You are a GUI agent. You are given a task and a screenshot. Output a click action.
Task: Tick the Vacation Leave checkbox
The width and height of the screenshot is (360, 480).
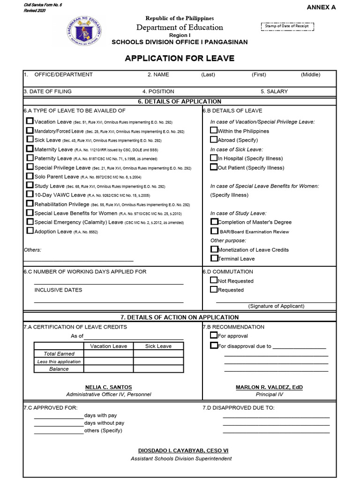pos(30,121)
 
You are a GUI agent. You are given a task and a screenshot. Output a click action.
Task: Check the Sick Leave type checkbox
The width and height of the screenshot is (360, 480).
pos(30,139)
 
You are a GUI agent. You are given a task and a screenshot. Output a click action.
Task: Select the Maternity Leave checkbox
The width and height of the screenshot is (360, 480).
pos(30,149)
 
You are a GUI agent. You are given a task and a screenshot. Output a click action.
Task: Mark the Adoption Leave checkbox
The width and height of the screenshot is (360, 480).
pos(30,231)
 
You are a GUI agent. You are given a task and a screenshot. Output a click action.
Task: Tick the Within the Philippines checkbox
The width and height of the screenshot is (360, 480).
pos(214,130)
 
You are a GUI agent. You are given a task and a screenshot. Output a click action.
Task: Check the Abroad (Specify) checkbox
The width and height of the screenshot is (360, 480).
pos(214,139)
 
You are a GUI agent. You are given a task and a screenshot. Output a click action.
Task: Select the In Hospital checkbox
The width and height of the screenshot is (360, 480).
pos(214,158)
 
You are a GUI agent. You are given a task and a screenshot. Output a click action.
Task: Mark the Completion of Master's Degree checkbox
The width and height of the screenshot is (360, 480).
pos(214,222)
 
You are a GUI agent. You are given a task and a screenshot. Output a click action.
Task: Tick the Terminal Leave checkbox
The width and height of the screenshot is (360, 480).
pos(214,258)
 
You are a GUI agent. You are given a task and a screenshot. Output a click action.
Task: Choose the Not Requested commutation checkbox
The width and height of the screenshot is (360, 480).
pos(214,280)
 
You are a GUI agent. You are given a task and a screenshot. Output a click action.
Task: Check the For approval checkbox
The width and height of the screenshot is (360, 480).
pos(214,335)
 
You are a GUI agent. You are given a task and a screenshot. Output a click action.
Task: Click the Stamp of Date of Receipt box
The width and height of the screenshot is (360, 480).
pos(287,26)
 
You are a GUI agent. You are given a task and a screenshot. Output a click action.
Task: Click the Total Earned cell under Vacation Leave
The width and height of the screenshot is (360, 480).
pos(108,354)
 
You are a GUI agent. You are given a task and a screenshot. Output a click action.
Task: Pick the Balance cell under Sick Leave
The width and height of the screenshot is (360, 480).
pos(158,369)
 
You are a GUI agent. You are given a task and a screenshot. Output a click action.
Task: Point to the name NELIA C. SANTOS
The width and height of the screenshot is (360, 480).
pos(108,387)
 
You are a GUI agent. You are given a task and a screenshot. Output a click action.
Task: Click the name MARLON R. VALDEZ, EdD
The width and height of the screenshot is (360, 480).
pos(269,387)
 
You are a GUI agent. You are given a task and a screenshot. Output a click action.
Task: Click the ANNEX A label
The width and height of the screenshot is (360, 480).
pos(321,7)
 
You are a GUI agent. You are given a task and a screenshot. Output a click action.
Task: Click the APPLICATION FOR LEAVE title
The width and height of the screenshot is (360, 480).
pos(180,59)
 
